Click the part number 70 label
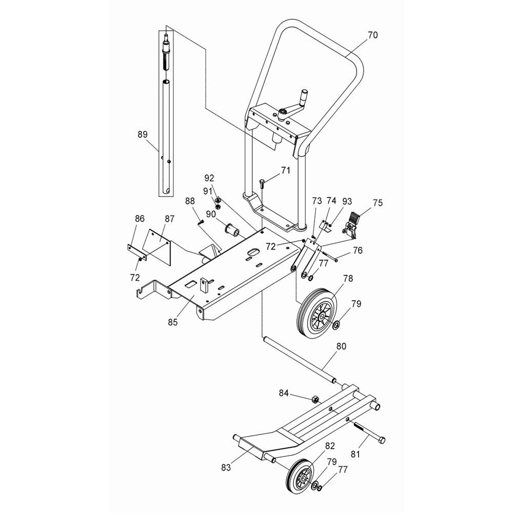372,35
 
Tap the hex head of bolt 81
382,440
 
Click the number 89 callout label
143,134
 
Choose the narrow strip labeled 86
136,252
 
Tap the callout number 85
173,322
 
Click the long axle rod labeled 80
299,359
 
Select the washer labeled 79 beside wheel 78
336,325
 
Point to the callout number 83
226,467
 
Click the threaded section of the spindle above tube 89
166,61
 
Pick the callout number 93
347,201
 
